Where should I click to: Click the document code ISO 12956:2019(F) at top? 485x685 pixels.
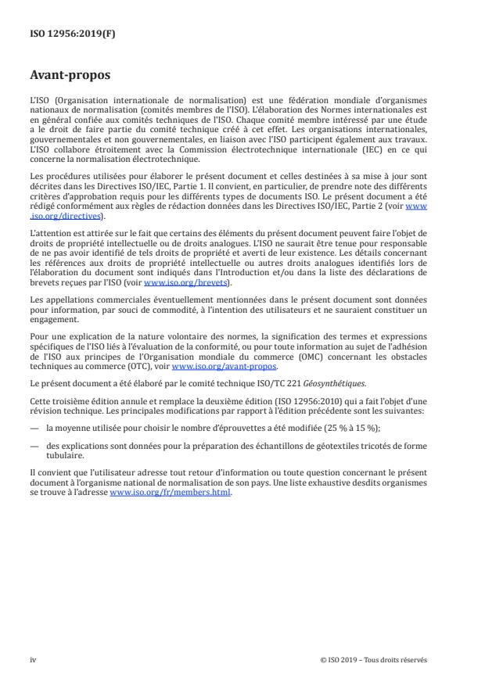coord(62,34)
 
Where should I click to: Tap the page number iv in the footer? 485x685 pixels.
coord(33,659)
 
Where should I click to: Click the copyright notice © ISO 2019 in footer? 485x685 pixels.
coord(373,659)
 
